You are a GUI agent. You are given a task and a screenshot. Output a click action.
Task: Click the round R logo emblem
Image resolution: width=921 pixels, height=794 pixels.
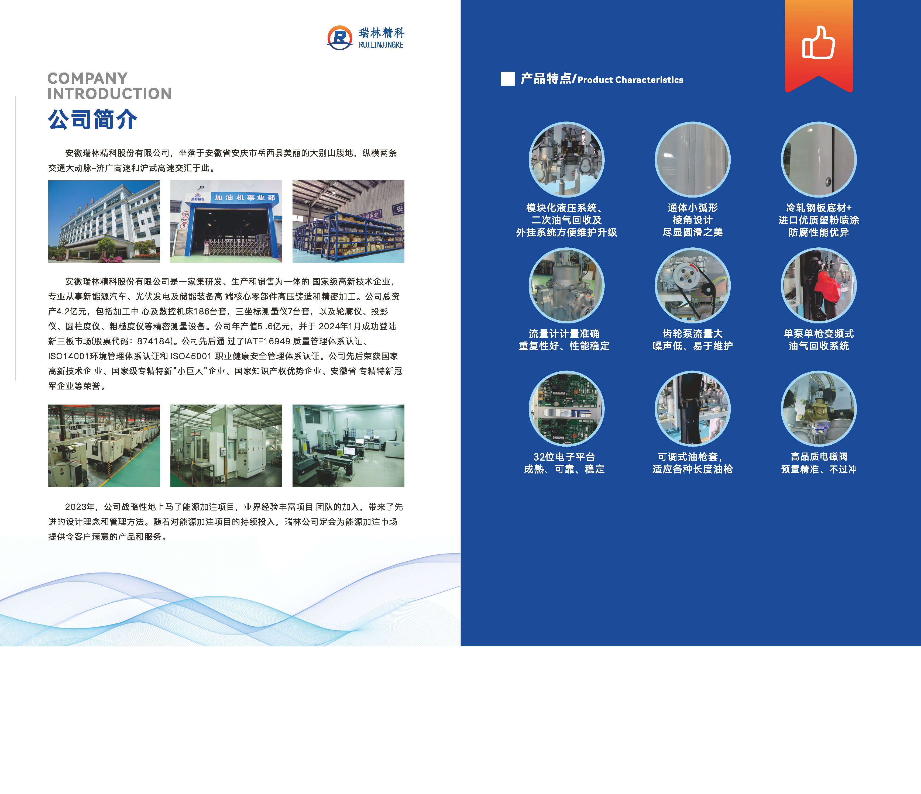click(340, 38)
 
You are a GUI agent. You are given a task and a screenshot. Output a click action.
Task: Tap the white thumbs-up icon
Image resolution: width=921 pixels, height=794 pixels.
click(818, 42)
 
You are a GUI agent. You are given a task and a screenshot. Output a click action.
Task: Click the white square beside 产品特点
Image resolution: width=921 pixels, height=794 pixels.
click(508, 79)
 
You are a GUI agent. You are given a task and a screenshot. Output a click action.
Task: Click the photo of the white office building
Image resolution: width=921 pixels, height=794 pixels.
click(104, 221)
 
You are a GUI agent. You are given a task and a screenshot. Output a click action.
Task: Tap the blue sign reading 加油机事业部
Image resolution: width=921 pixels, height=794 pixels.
click(245, 197)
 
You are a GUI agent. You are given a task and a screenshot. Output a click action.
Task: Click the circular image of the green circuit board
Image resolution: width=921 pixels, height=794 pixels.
click(566, 408)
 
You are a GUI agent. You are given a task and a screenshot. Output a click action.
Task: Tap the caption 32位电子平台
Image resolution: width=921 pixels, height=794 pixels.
click(564, 457)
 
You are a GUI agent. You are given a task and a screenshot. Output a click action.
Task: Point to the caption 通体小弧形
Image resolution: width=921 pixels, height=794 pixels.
click(693, 208)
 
